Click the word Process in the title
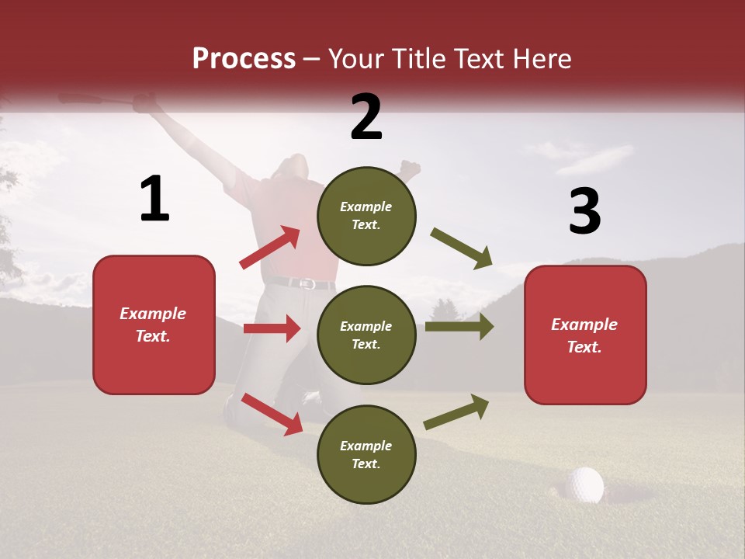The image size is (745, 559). click(244, 59)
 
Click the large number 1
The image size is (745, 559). click(154, 200)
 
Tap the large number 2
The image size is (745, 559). click(366, 117)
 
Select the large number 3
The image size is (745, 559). click(584, 212)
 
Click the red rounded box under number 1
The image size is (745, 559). click(154, 325)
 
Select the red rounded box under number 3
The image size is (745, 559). click(585, 335)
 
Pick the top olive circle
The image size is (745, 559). click(366, 216)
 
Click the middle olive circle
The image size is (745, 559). click(366, 335)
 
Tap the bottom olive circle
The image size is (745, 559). click(366, 454)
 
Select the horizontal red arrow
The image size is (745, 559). click(272, 328)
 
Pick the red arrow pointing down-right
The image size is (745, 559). click(272, 414)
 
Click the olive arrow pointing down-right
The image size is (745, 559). click(462, 248)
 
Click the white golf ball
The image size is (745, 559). click(584, 484)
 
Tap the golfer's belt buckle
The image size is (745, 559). click(307, 284)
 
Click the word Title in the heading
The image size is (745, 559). click(420, 59)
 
